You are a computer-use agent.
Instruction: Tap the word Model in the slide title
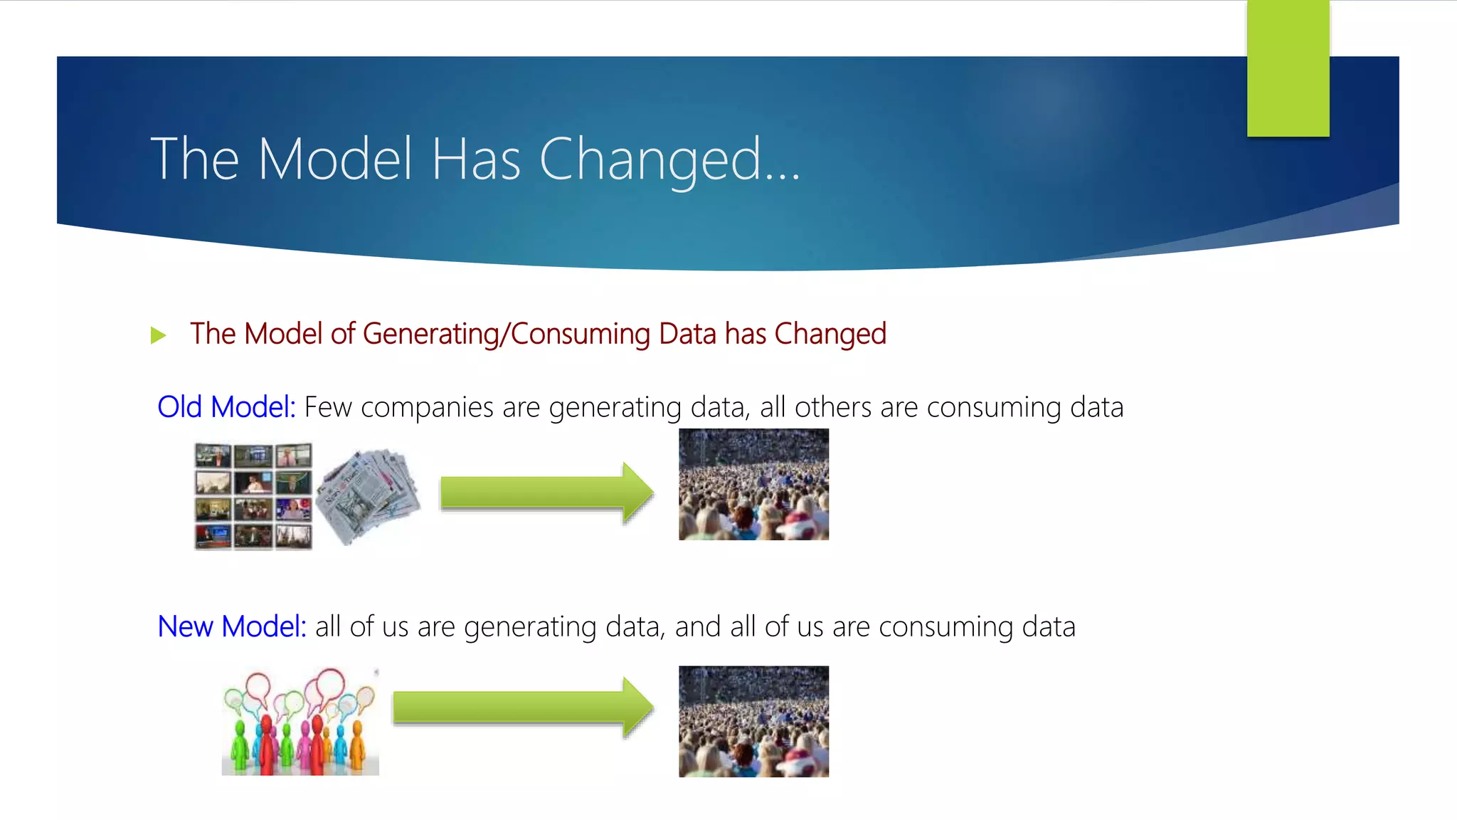point(334,159)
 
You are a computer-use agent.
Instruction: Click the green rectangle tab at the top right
point(1288,68)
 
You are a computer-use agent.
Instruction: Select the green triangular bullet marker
point(158,335)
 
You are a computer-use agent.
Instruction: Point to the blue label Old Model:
point(226,407)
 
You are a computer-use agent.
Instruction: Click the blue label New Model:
point(231,627)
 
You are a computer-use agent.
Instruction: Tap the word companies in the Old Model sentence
point(427,407)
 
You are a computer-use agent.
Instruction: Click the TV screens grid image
point(253,496)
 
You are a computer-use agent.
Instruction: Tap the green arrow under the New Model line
point(523,707)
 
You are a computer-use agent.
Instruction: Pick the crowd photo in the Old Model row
point(753,484)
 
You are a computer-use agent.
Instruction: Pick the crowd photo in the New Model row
point(753,721)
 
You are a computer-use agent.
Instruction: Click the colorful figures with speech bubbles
point(300,721)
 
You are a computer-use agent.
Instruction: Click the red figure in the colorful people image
point(266,747)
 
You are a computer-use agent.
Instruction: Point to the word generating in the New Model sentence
point(529,627)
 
